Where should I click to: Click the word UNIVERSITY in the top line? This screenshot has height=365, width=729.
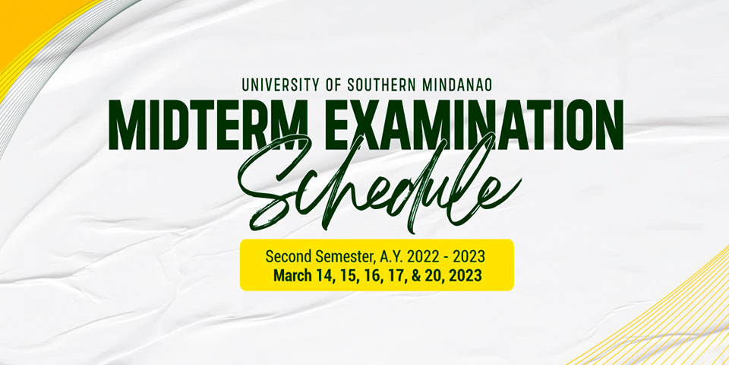(x=279, y=84)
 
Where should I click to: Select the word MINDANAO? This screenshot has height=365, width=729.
(x=458, y=84)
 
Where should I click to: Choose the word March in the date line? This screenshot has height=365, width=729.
(x=292, y=275)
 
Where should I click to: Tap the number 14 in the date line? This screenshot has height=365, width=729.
(x=325, y=275)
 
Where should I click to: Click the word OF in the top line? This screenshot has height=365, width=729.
(x=334, y=84)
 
